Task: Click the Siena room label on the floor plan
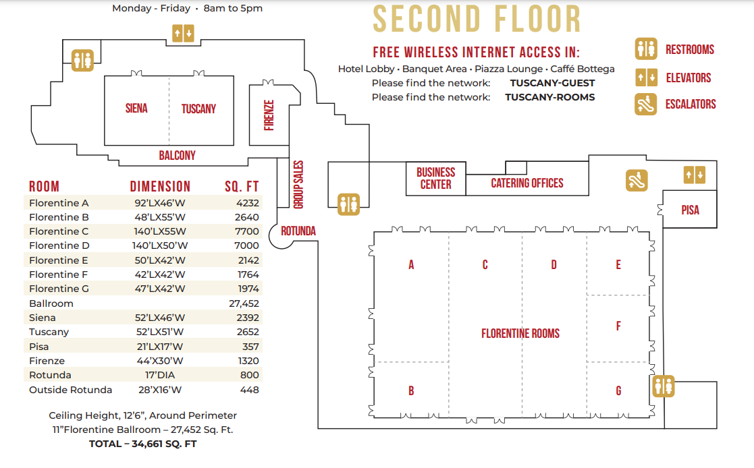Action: pos(136,109)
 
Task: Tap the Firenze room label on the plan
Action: pos(269,115)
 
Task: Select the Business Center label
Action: pos(435,178)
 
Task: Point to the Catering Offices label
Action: pos(527,183)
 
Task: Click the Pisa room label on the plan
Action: pos(690,210)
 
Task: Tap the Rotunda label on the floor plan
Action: pos(298,231)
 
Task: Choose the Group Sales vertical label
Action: pos(298,185)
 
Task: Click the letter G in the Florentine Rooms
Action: pos(618,390)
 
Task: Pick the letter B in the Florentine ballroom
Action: pos(411,390)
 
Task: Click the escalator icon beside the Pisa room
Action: pos(637,181)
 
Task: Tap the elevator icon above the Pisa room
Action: pos(695,175)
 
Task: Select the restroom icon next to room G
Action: pos(664,386)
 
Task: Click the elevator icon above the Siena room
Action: pos(183,34)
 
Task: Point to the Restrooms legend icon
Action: pos(646,49)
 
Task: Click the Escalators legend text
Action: pos(691,105)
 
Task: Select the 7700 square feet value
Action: pos(246,231)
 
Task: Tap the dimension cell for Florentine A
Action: pos(160,203)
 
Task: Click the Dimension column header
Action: pos(160,186)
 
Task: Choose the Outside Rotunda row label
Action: pos(70,390)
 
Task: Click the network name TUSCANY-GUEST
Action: pos(553,83)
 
